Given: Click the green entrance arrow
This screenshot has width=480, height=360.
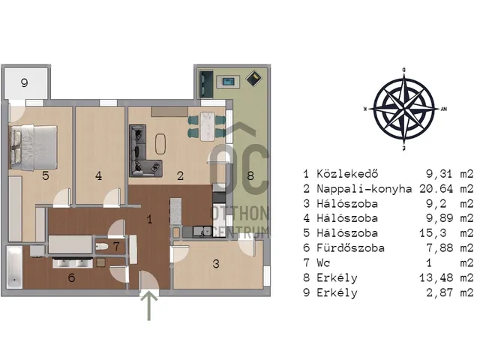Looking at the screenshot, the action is pos(149,306).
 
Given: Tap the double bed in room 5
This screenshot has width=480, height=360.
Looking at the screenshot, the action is pos(34,148).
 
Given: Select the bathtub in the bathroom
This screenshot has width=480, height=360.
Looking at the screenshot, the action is pos(14,267).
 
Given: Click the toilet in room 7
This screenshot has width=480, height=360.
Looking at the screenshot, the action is pos(101,246).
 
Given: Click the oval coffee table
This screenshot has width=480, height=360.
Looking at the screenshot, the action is pos(160,144).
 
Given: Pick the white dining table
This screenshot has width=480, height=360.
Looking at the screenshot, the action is pos(207,126).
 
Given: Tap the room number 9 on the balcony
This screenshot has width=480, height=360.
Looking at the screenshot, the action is pos(25,82).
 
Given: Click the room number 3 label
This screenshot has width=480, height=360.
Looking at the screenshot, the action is pos(216,264).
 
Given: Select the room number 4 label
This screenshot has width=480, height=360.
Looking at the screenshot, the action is pos(98,175).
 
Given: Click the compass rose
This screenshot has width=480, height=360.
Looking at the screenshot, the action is pos(404,109).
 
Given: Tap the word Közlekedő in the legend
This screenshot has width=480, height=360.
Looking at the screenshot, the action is pos(347,173).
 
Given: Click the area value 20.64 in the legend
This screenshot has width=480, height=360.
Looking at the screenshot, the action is pos(436,188).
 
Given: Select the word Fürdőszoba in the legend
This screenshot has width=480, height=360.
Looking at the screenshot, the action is pos(350,247).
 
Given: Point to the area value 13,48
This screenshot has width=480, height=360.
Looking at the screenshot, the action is pos(436,277).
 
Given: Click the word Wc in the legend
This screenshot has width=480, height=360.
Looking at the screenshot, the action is pos(323,262).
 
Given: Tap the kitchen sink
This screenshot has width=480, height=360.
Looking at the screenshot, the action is pos(202,232).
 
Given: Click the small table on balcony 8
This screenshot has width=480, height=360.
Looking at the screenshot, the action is pos(228,82).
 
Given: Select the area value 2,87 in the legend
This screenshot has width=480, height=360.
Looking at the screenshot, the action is pos(439,292).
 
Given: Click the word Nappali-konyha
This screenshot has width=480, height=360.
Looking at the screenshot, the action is pos(364,189).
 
